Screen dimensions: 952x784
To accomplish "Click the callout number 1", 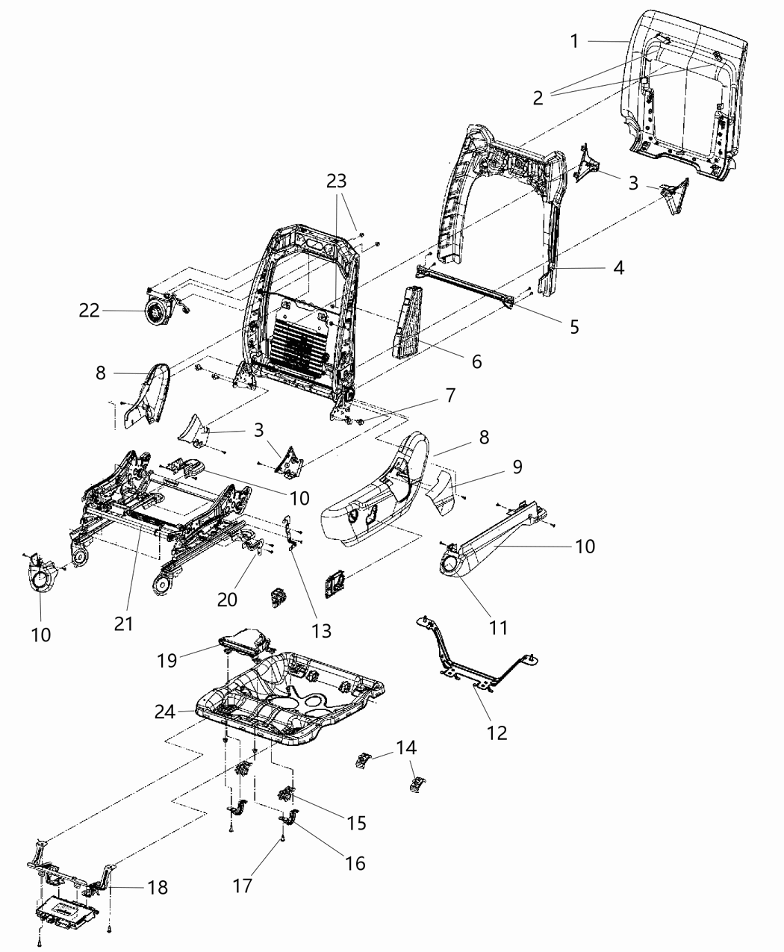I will click(x=574, y=41).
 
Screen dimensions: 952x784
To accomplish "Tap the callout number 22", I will click(x=89, y=310).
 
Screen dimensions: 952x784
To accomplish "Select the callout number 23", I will click(x=337, y=181).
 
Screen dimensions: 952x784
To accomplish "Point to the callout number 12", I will click(x=497, y=732).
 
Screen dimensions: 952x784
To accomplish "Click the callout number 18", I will click(x=157, y=888).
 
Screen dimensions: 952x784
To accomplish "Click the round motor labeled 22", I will click(x=158, y=309).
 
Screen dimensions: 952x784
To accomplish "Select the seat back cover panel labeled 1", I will click(x=679, y=97).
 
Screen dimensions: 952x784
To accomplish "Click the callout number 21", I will click(x=123, y=623).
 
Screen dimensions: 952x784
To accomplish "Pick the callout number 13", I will click(x=320, y=631).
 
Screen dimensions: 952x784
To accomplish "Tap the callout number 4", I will click(x=618, y=267).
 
